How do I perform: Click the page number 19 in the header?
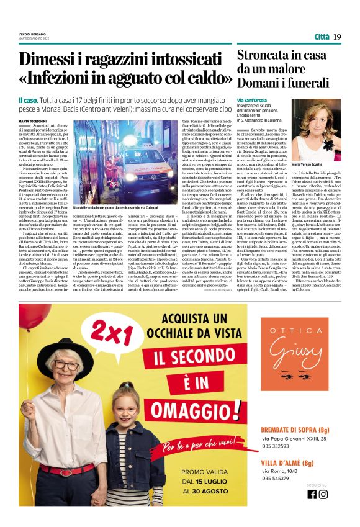click(337, 37)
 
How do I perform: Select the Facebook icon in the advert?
click(312, 494)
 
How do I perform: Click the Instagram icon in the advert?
click(323, 494)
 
